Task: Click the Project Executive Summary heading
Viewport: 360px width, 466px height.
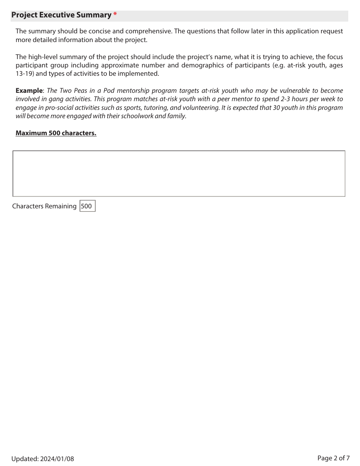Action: (x=61, y=15)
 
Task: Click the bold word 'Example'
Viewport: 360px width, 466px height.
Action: (x=29, y=91)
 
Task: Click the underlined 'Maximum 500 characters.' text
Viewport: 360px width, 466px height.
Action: (x=56, y=133)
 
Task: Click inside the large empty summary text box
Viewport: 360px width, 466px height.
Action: (x=179, y=174)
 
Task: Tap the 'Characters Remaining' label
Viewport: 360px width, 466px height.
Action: (x=44, y=206)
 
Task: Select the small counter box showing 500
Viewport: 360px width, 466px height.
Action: (x=87, y=206)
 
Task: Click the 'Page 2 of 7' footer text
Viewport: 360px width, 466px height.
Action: (x=333, y=458)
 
